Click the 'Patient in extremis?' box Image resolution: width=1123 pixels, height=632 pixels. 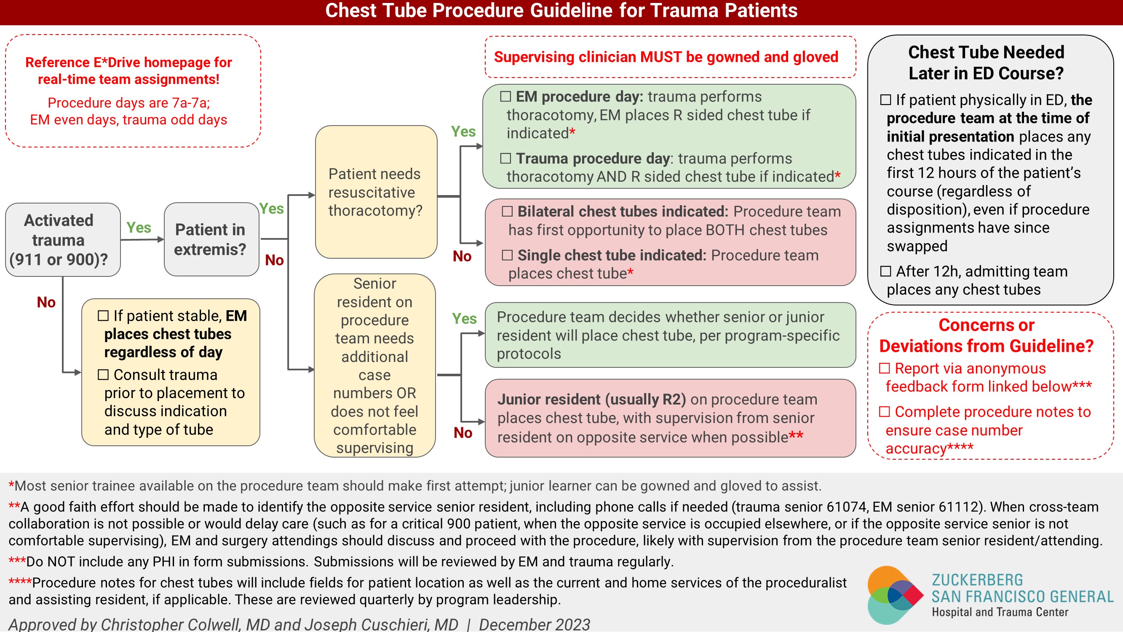tap(211, 239)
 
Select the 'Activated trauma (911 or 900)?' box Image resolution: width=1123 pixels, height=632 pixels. tap(63, 239)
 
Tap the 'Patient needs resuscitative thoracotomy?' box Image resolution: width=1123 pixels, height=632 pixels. tap(376, 192)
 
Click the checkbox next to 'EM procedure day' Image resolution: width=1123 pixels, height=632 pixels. tap(505, 96)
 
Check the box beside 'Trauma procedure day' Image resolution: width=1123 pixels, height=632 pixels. tap(505, 158)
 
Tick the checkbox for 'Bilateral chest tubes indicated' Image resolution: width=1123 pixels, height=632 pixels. tap(507, 212)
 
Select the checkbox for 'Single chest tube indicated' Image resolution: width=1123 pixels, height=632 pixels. tap(507, 255)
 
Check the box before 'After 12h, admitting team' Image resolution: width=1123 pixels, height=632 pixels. tap(885, 271)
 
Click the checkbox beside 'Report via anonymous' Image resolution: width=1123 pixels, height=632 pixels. tap(884, 369)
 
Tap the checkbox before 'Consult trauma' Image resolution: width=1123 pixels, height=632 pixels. tap(103, 375)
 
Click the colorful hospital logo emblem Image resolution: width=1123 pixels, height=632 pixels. tap(895, 595)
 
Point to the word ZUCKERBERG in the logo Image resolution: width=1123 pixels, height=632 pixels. tap(977, 580)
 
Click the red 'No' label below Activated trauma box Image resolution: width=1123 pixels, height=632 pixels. tap(46, 302)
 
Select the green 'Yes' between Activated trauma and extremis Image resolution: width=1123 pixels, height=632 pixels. tap(139, 228)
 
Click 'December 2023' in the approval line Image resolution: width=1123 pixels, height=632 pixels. tap(534, 624)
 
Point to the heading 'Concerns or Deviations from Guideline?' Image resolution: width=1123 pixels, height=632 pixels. tap(986, 335)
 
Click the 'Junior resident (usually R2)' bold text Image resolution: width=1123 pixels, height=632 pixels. tap(591, 399)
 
